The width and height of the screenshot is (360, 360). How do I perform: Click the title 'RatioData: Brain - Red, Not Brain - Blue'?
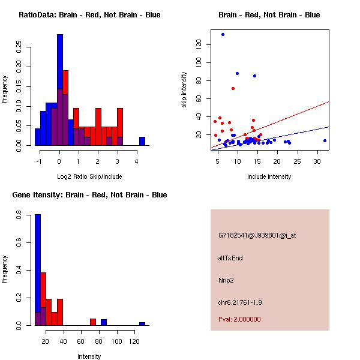coord(89,15)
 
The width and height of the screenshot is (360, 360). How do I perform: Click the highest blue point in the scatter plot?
coord(223,34)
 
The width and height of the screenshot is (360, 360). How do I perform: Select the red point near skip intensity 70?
coord(233,88)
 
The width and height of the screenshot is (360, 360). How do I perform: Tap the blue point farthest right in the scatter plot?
coord(325,140)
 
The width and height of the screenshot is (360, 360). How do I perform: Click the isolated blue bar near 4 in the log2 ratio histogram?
coord(142,141)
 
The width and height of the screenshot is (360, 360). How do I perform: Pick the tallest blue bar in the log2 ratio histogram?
coord(59,90)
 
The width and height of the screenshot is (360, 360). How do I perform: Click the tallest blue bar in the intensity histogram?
coord(37,270)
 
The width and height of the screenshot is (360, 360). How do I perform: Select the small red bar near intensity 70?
coord(93,322)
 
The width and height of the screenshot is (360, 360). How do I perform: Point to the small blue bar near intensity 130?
coord(142,323)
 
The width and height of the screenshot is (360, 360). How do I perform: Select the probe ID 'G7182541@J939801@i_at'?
coord(257,235)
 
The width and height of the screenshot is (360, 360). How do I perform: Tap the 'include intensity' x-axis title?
coord(269,176)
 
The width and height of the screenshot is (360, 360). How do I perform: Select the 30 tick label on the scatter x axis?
coord(317,161)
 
